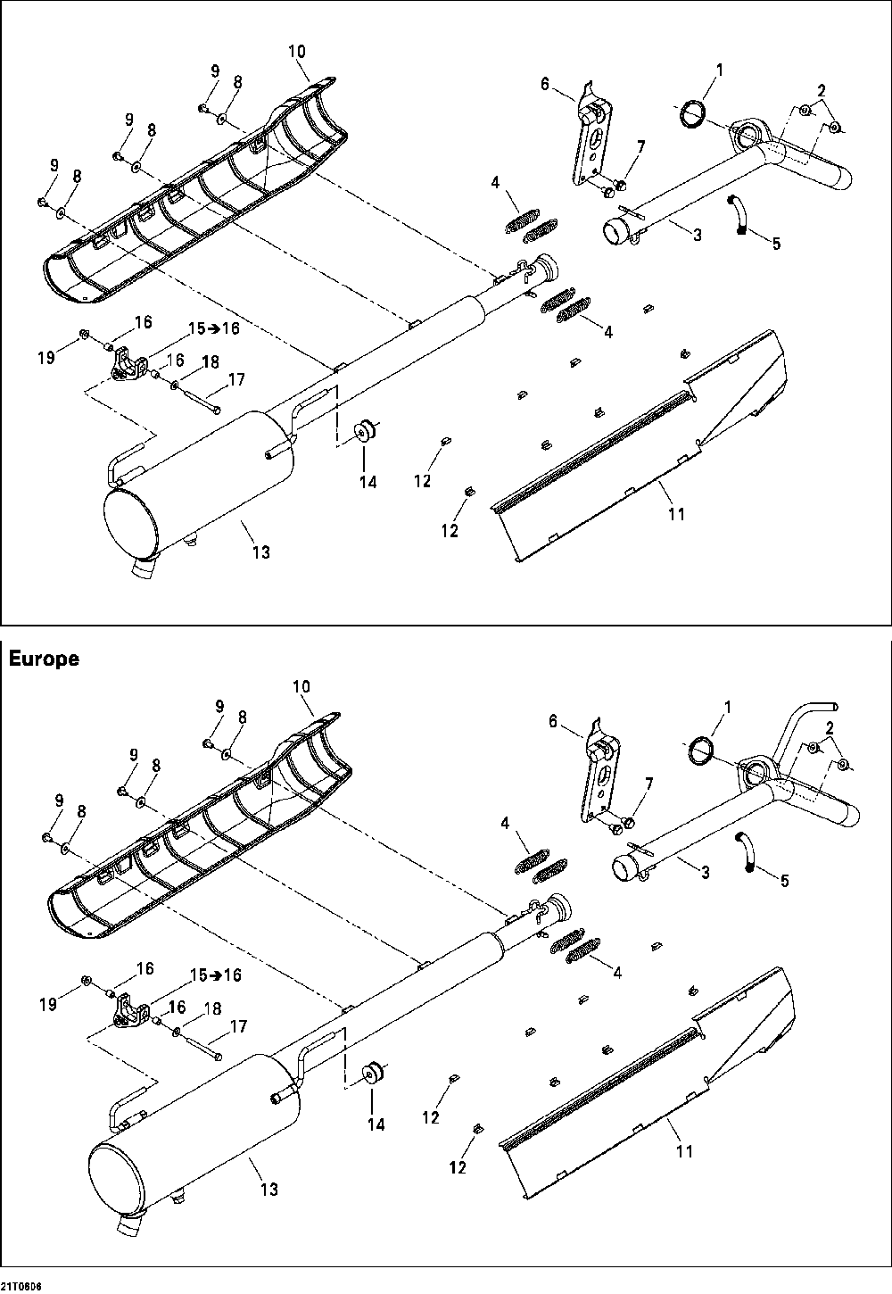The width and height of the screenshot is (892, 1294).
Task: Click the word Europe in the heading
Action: click(44, 659)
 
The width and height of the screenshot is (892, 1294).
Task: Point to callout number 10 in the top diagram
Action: click(297, 52)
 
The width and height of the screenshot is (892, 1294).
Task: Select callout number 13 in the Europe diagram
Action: click(269, 1189)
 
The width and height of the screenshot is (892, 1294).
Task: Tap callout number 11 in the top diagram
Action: click(676, 514)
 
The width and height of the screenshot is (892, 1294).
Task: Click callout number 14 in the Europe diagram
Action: click(376, 1124)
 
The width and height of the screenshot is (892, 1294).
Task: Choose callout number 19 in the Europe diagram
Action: click(47, 1004)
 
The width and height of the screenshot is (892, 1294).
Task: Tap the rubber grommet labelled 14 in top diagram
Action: click(365, 430)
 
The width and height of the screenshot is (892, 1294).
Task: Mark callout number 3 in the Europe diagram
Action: click(705, 873)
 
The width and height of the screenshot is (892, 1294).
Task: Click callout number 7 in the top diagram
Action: click(640, 146)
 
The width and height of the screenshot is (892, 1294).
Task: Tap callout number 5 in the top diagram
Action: click(775, 243)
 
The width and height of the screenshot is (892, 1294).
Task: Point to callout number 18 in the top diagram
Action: click(210, 361)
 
